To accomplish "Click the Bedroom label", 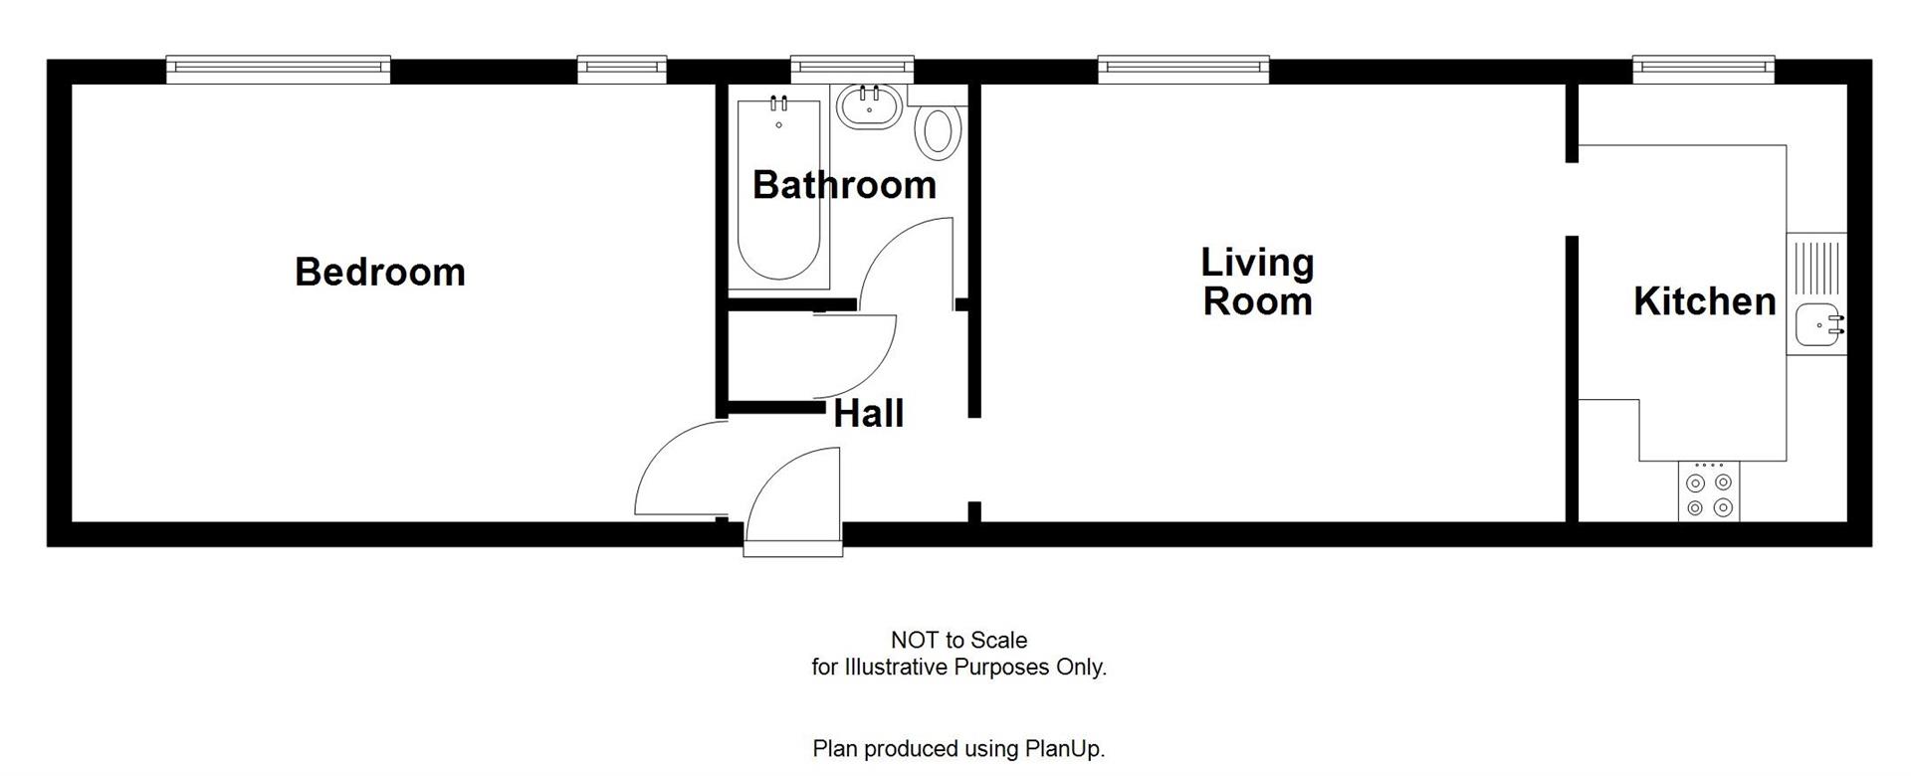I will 380,273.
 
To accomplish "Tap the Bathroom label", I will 844,185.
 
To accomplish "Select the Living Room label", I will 1257,283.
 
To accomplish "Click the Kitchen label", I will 1704,301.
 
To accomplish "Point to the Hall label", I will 868,414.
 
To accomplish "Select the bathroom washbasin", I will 868,105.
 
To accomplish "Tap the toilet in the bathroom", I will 938,131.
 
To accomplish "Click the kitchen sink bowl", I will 1815,324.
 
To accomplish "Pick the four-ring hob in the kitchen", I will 1709,494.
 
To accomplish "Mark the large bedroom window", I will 278,67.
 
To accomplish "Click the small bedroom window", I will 622,67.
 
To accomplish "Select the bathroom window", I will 852,67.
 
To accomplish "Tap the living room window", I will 1183,67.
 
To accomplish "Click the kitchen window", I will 1703,67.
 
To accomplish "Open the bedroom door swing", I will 677,468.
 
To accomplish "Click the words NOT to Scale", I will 958,641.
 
